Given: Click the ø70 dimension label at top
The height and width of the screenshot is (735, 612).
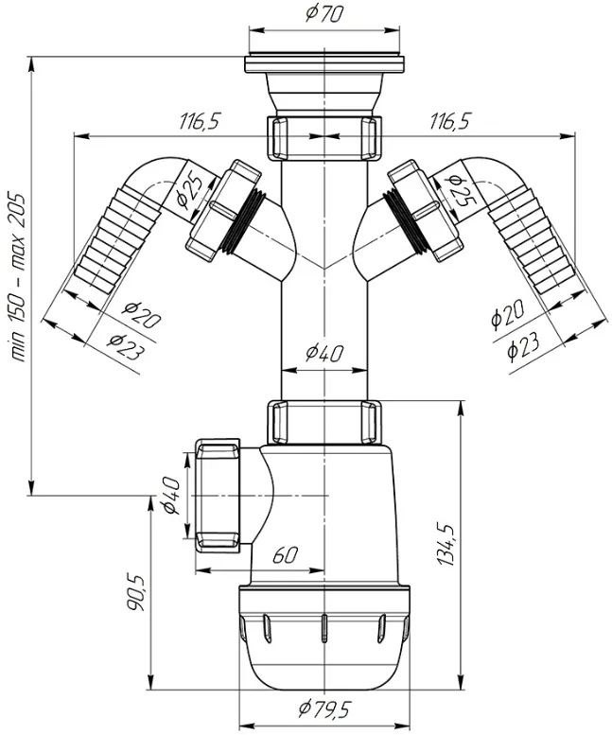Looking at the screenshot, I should pyautogui.click(x=323, y=13).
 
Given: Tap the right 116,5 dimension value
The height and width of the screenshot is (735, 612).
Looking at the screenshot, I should pyautogui.click(x=449, y=122).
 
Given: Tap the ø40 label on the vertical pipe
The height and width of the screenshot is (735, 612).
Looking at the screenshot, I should pyautogui.click(x=324, y=354).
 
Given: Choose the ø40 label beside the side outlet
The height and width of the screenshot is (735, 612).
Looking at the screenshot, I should pyautogui.click(x=171, y=496).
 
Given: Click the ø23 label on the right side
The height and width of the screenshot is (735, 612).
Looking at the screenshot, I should pyautogui.click(x=523, y=345).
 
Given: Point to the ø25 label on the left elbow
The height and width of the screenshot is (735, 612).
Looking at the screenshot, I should pyautogui.click(x=192, y=189).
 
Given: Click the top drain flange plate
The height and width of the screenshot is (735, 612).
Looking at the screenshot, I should pyautogui.click(x=324, y=64).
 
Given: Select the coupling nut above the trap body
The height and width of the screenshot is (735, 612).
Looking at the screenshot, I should pyautogui.click(x=324, y=421).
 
